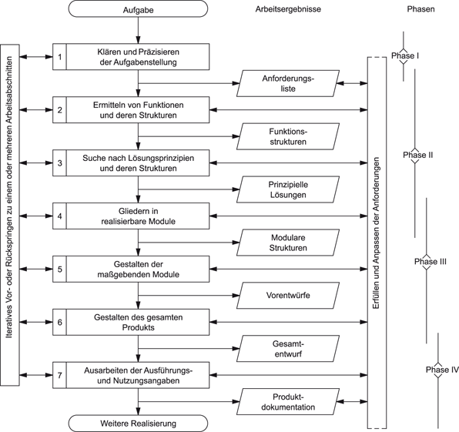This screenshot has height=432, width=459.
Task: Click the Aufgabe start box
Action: (138, 10)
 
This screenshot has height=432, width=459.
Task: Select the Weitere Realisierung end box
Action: (138, 423)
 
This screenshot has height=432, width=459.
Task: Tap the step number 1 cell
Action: (59, 56)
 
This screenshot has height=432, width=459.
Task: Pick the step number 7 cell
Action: (59, 376)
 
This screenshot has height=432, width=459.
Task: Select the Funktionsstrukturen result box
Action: (289, 136)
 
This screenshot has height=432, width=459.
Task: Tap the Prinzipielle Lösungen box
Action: (289, 189)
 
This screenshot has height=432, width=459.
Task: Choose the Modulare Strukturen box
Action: (289, 243)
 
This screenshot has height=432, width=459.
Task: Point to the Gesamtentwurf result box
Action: (289, 349)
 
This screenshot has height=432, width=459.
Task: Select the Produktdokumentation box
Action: (289, 401)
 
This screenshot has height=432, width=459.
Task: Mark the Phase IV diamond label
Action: (441, 370)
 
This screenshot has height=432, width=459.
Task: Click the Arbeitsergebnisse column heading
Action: (288, 10)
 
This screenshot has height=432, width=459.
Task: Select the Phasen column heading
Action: (420, 10)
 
